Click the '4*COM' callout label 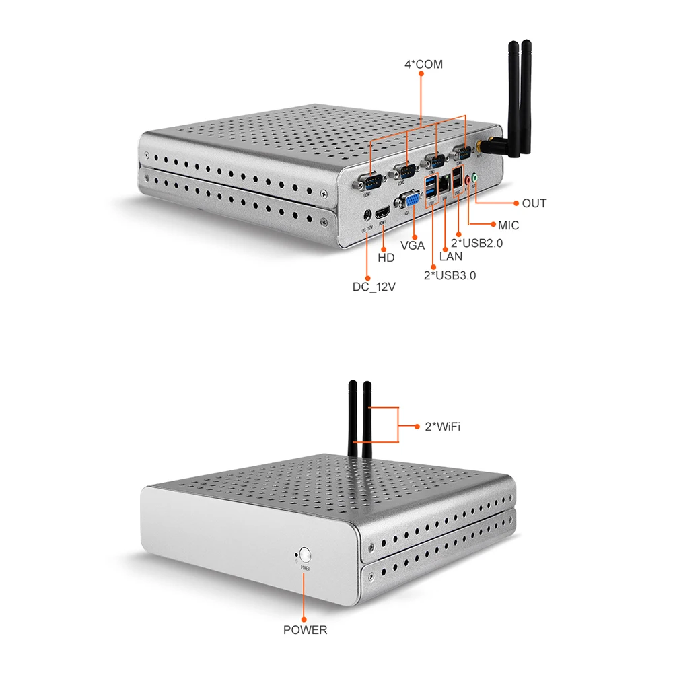[x=423, y=65]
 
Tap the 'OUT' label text [x=534, y=203]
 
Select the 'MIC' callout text [x=509, y=225]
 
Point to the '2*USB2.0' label [x=477, y=243]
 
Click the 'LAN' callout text [x=451, y=256]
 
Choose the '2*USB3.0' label [x=450, y=275]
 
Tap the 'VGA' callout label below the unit [x=413, y=246]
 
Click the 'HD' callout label [x=386, y=258]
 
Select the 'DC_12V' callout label [x=374, y=287]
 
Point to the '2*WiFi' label [x=442, y=427]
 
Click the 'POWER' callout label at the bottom [x=305, y=631]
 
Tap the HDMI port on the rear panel [x=383, y=211]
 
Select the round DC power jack [x=366, y=215]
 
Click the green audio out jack [x=475, y=178]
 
